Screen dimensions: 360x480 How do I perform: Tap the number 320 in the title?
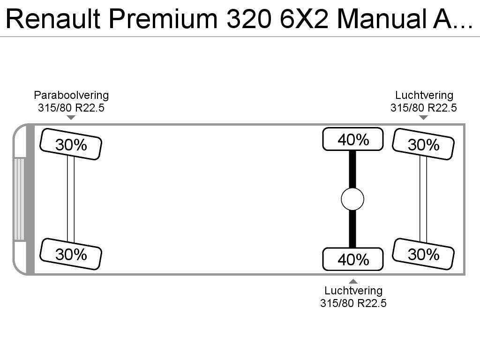[x=251, y=19]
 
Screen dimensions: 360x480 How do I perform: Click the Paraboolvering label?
[x=71, y=96]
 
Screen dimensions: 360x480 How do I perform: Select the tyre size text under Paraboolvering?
[x=71, y=108]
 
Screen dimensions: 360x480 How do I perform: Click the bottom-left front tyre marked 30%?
[x=71, y=254]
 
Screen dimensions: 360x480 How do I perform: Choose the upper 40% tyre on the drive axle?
[x=352, y=139]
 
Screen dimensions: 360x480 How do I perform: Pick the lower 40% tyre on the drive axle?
[x=352, y=259]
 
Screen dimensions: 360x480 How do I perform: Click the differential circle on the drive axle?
[x=352, y=200]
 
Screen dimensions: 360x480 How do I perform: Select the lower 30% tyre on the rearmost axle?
[x=423, y=254]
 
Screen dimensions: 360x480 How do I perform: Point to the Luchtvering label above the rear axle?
[x=424, y=96]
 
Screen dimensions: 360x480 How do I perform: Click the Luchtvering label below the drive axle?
[x=353, y=291]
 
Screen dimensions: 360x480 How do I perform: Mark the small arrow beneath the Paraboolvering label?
[x=71, y=117]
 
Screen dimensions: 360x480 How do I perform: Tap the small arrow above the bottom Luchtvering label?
[x=353, y=281]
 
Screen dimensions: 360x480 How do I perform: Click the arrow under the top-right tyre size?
[x=423, y=117]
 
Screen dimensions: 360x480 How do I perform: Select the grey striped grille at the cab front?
[x=19, y=199]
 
